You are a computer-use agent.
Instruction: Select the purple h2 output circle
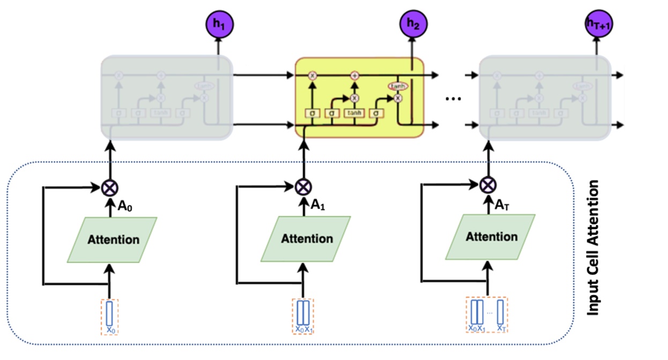(411, 24)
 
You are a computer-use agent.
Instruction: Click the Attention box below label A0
(112, 239)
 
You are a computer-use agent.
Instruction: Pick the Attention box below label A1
(306, 239)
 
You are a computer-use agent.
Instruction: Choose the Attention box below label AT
(491, 237)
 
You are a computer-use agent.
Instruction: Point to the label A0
(125, 206)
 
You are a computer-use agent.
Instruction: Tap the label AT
(502, 204)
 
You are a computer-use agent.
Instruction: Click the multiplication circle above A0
(110, 188)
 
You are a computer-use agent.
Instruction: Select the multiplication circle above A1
(303, 187)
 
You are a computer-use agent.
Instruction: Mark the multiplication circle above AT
(487, 185)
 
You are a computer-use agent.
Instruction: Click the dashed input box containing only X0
(110, 317)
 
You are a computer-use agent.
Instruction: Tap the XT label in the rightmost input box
(501, 328)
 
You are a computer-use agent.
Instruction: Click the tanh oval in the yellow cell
(397, 86)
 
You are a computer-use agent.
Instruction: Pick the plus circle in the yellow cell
(354, 76)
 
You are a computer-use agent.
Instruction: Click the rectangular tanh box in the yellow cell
(354, 113)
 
